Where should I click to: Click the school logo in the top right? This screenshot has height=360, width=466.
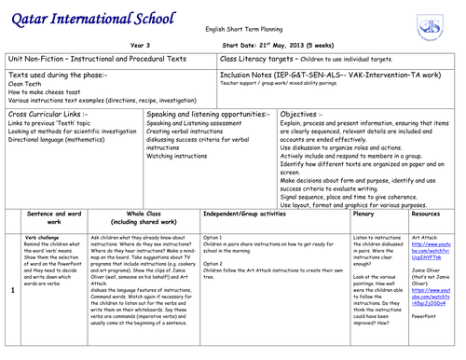(434, 21)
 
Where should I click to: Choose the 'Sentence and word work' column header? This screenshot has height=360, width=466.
(53, 217)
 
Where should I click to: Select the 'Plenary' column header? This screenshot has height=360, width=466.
(363, 214)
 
